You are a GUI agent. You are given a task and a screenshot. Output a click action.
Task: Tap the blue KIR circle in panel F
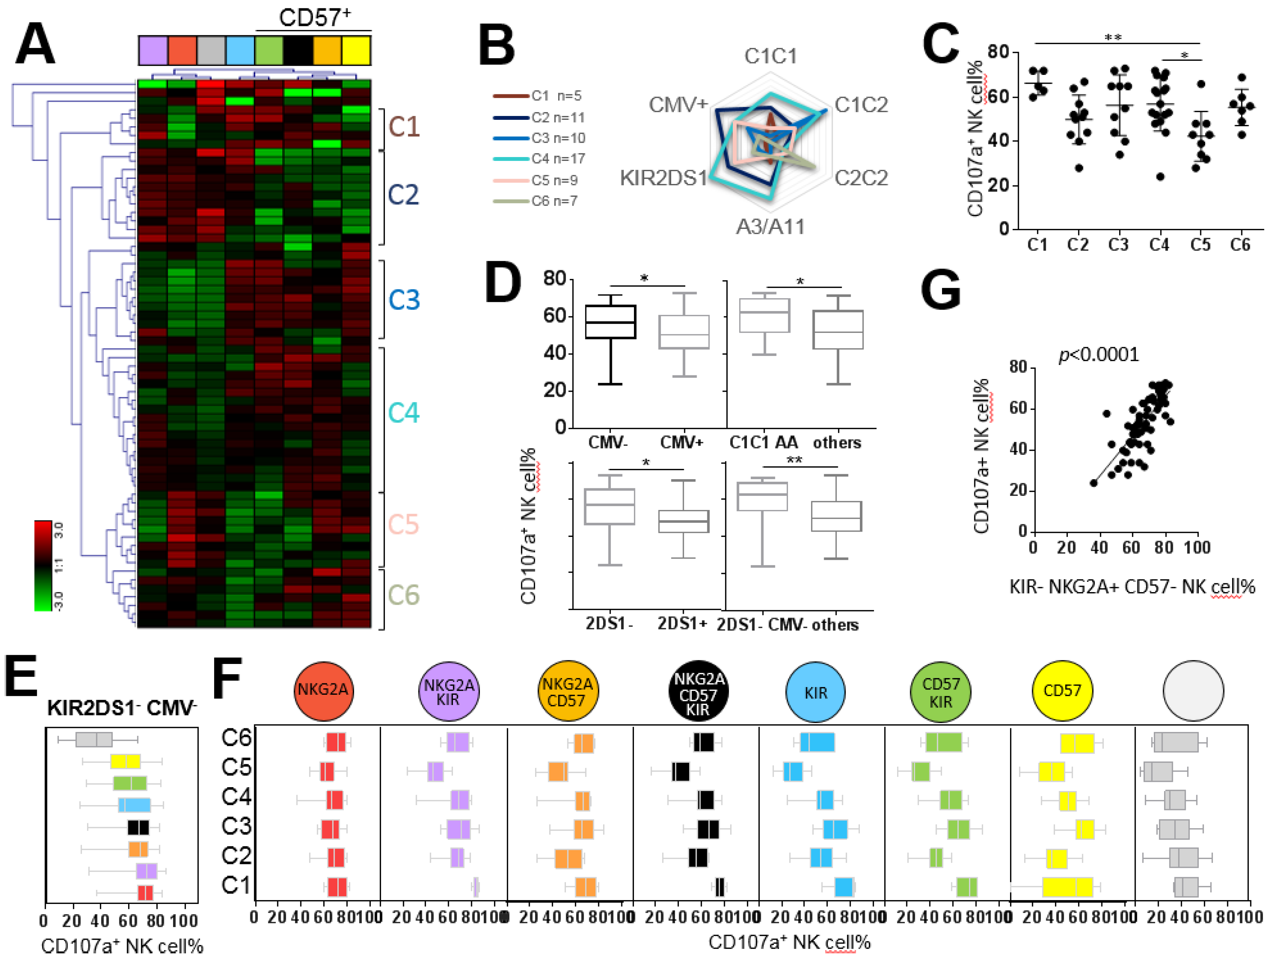[x=815, y=692]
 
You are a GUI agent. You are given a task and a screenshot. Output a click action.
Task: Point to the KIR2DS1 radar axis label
[x=664, y=178]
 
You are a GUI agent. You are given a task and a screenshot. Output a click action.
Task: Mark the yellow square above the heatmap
[x=356, y=50]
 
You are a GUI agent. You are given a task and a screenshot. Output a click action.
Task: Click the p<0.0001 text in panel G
[x=1098, y=354]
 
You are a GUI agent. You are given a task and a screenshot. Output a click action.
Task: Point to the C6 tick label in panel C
[x=1240, y=245]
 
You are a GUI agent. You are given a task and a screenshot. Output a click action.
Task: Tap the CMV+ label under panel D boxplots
[x=681, y=442]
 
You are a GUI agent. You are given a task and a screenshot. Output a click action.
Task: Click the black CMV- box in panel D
[x=610, y=322]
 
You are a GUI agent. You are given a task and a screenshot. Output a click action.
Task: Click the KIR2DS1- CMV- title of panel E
[x=122, y=708]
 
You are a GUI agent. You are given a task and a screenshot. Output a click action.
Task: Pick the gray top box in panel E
[x=94, y=739]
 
